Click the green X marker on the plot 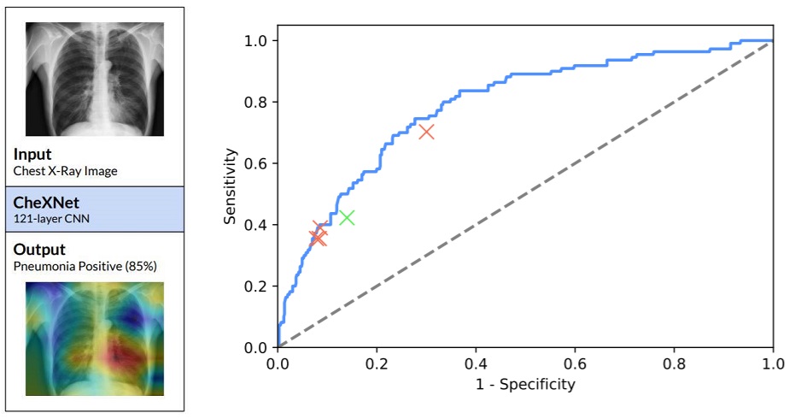tap(347, 217)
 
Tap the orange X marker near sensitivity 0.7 tap(426, 131)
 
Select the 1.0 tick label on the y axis tap(257, 40)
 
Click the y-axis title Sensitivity tap(231, 186)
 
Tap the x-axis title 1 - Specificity tap(525, 384)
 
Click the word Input tap(32, 155)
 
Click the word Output tap(38, 250)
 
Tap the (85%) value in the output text tap(141, 266)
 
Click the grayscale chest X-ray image tap(95, 79)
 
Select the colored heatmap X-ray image tap(95, 339)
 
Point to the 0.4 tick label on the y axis tap(257, 225)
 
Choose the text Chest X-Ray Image tap(66, 171)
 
